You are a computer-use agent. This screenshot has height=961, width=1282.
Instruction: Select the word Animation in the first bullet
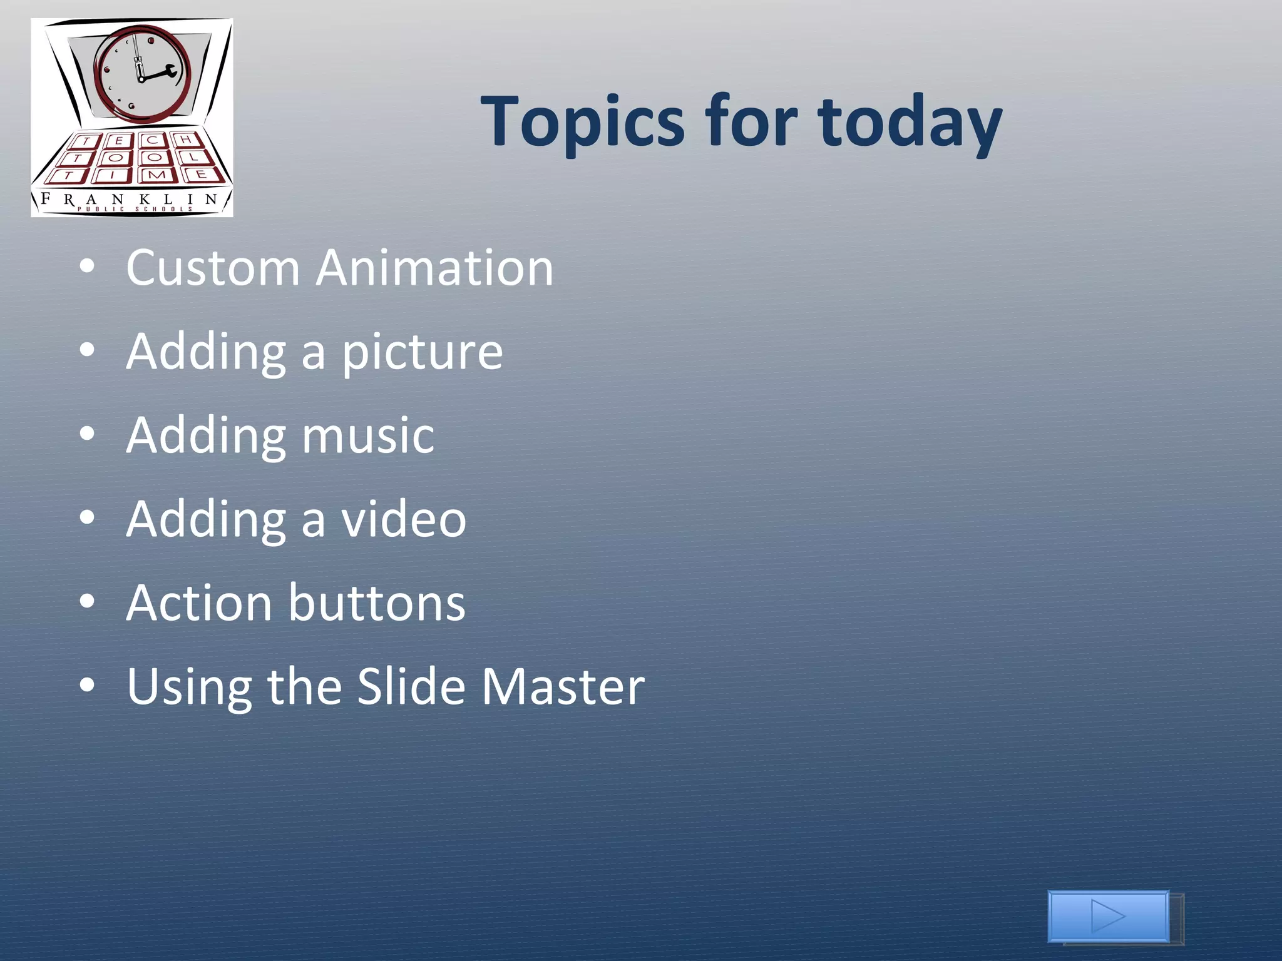434,268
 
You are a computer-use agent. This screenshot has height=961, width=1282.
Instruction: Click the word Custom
213,268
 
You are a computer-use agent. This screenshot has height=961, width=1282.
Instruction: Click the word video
404,519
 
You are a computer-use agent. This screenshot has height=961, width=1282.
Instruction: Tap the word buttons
377,603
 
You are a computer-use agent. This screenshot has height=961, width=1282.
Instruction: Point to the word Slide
411,687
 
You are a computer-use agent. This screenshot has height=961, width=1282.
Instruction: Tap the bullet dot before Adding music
87,434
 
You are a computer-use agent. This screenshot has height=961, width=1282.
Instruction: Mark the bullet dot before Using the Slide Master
87,686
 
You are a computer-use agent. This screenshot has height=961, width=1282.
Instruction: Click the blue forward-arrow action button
1109,917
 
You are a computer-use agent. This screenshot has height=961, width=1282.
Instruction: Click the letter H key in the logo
184,140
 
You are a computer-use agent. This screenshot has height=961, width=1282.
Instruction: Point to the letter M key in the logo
156,175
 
